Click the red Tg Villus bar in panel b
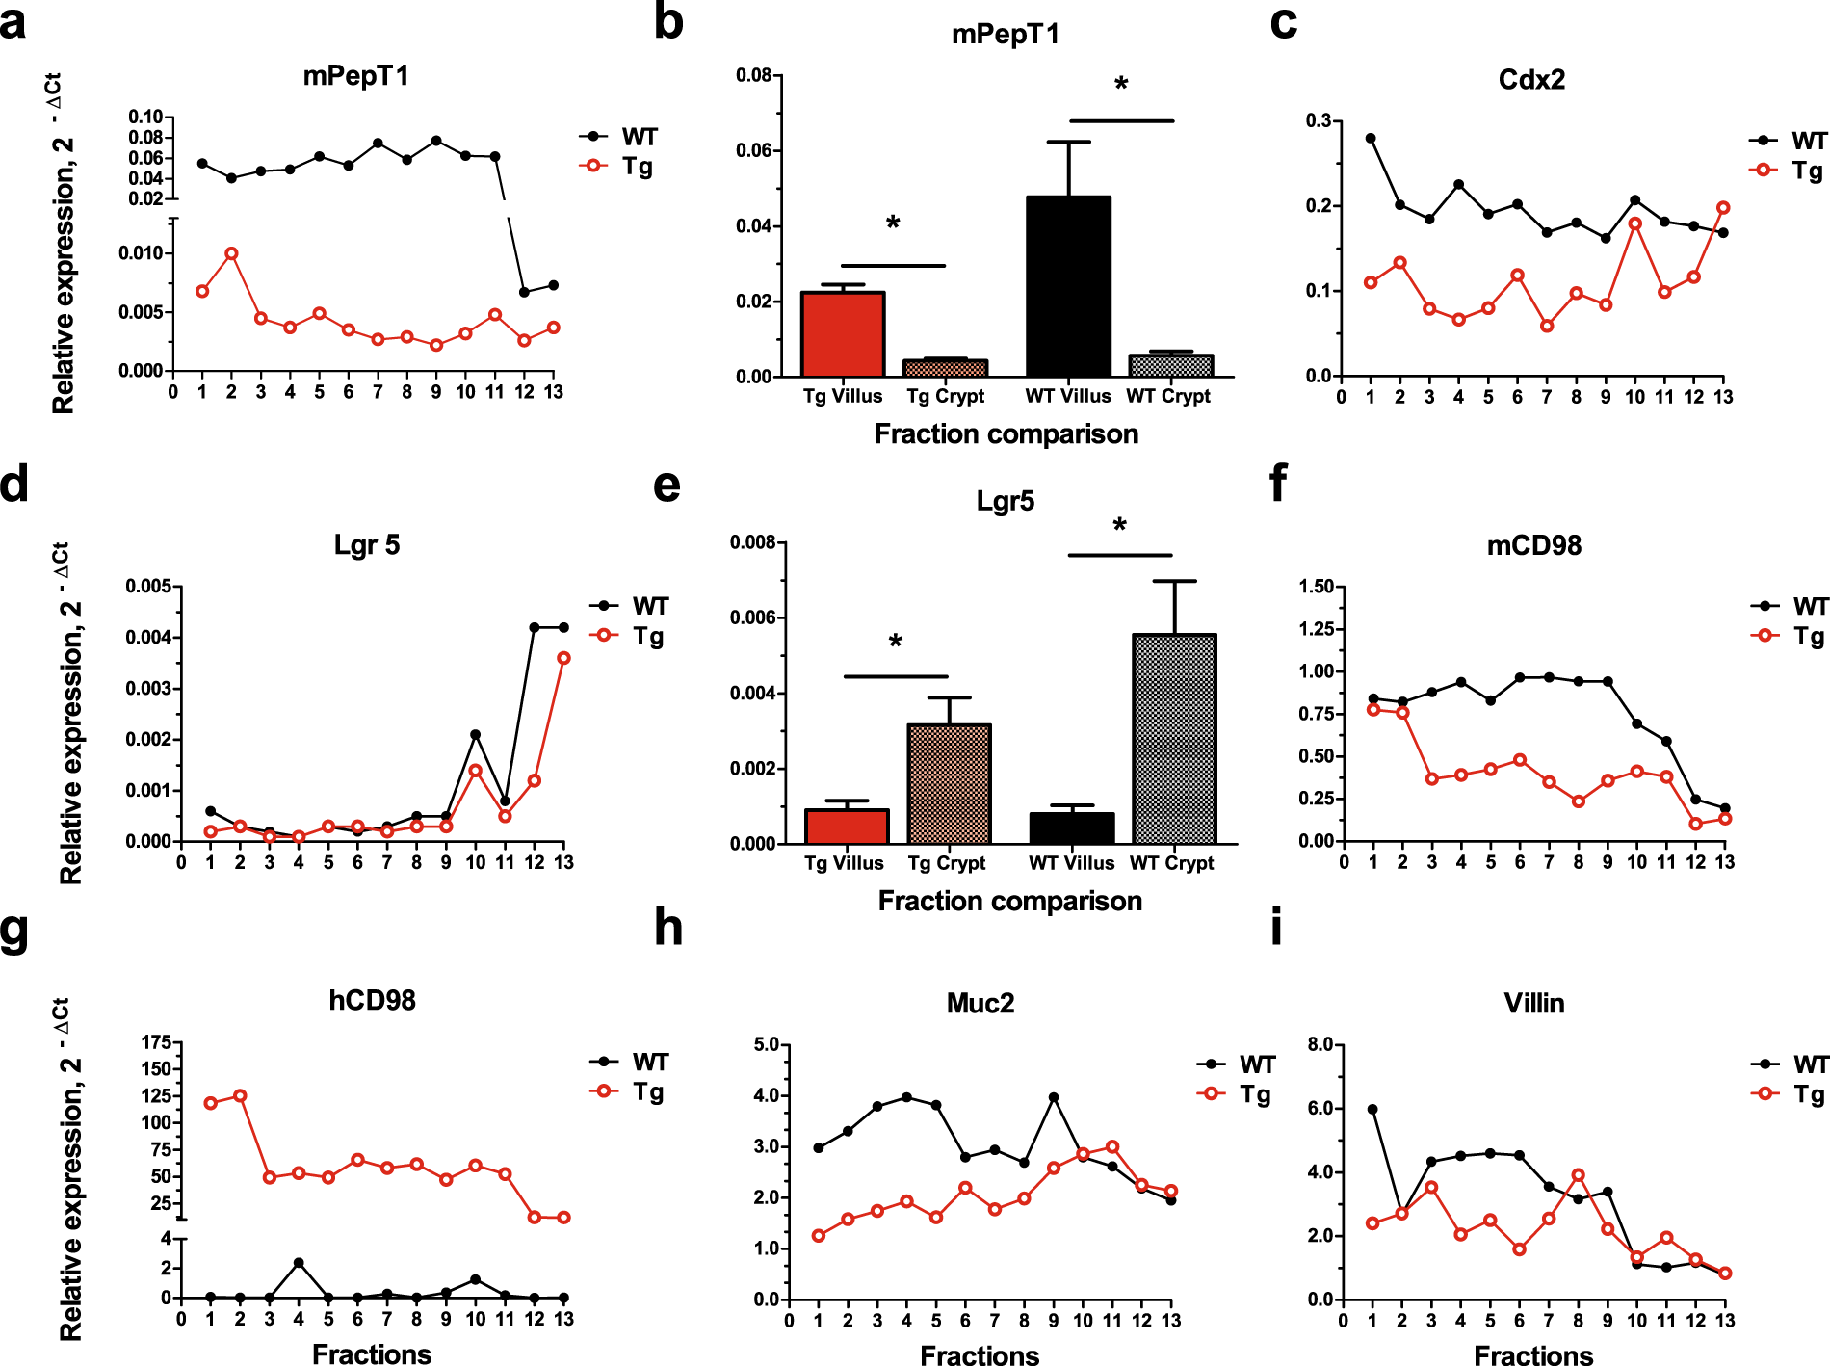(x=843, y=333)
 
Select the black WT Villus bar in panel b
(x=1068, y=286)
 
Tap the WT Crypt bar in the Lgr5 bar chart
(x=1175, y=739)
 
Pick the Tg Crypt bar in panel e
(x=949, y=783)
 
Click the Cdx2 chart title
(x=1531, y=79)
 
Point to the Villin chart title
(x=1533, y=1003)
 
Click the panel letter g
(x=15, y=931)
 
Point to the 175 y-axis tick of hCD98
(x=156, y=1042)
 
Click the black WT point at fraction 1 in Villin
(x=1372, y=1110)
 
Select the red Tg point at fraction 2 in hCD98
(x=240, y=1096)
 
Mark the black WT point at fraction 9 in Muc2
(x=1054, y=1097)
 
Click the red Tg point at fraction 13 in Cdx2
(x=1723, y=208)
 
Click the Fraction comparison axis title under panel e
(x=1009, y=901)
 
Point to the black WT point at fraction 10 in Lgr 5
(x=475, y=735)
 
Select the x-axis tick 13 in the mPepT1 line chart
(x=553, y=392)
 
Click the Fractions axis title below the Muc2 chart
(x=980, y=1355)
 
